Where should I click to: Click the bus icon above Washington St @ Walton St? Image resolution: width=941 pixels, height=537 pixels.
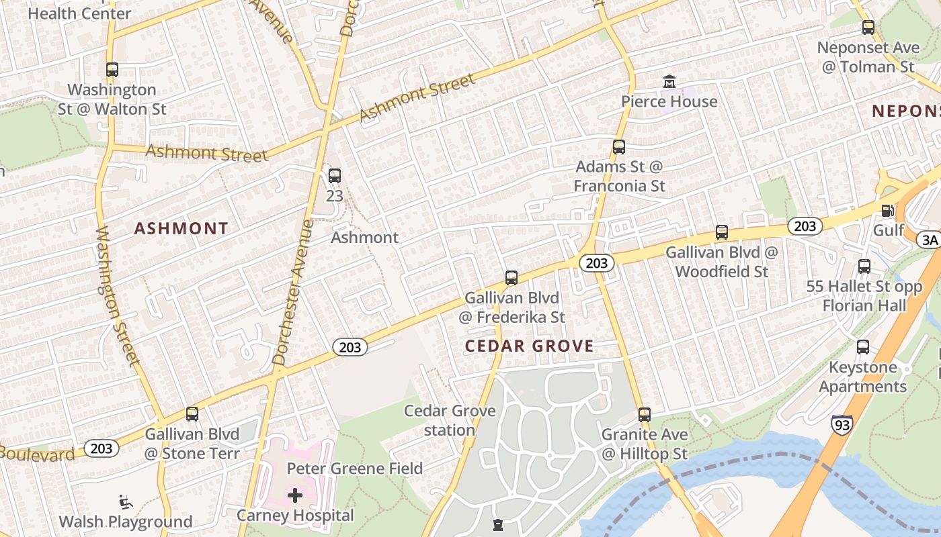pyautogui.click(x=112, y=69)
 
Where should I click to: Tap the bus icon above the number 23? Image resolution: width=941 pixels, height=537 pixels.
pyautogui.click(x=334, y=176)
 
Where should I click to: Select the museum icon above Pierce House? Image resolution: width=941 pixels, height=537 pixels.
pyautogui.click(x=669, y=82)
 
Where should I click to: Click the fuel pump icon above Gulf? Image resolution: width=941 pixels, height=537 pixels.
pyautogui.click(x=887, y=211)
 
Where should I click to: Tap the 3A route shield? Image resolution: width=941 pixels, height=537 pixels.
pyautogui.click(x=930, y=240)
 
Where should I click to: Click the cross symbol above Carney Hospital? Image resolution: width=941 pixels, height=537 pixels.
pyautogui.click(x=294, y=496)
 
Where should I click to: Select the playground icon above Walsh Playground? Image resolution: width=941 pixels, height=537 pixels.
pyautogui.click(x=125, y=501)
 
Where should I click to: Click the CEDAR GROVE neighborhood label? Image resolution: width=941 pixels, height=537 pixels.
pyautogui.click(x=530, y=346)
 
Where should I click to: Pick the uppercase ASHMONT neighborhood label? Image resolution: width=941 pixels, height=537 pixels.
pyautogui.click(x=181, y=228)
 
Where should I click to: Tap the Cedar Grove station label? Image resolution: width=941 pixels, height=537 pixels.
pyautogui.click(x=450, y=420)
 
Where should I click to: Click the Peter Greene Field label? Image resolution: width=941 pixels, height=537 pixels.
pyautogui.click(x=355, y=469)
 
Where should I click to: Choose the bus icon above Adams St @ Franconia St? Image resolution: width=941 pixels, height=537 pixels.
pyautogui.click(x=619, y=146)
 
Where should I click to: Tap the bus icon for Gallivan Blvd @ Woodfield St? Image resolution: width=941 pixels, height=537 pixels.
pyautogui.click(x=722, y=232)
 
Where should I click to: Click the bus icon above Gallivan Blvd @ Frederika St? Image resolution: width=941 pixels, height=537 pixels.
pyautogui.click(x=512, y=277)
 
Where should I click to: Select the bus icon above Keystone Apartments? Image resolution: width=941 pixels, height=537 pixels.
pyautogui.click(x=863, y=347)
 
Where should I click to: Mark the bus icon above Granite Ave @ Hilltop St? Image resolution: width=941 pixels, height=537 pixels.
pyautogui.click(x=645, y=414)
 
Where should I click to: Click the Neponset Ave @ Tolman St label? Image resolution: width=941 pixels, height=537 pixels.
pyautogui.click(x=868, y=57)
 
